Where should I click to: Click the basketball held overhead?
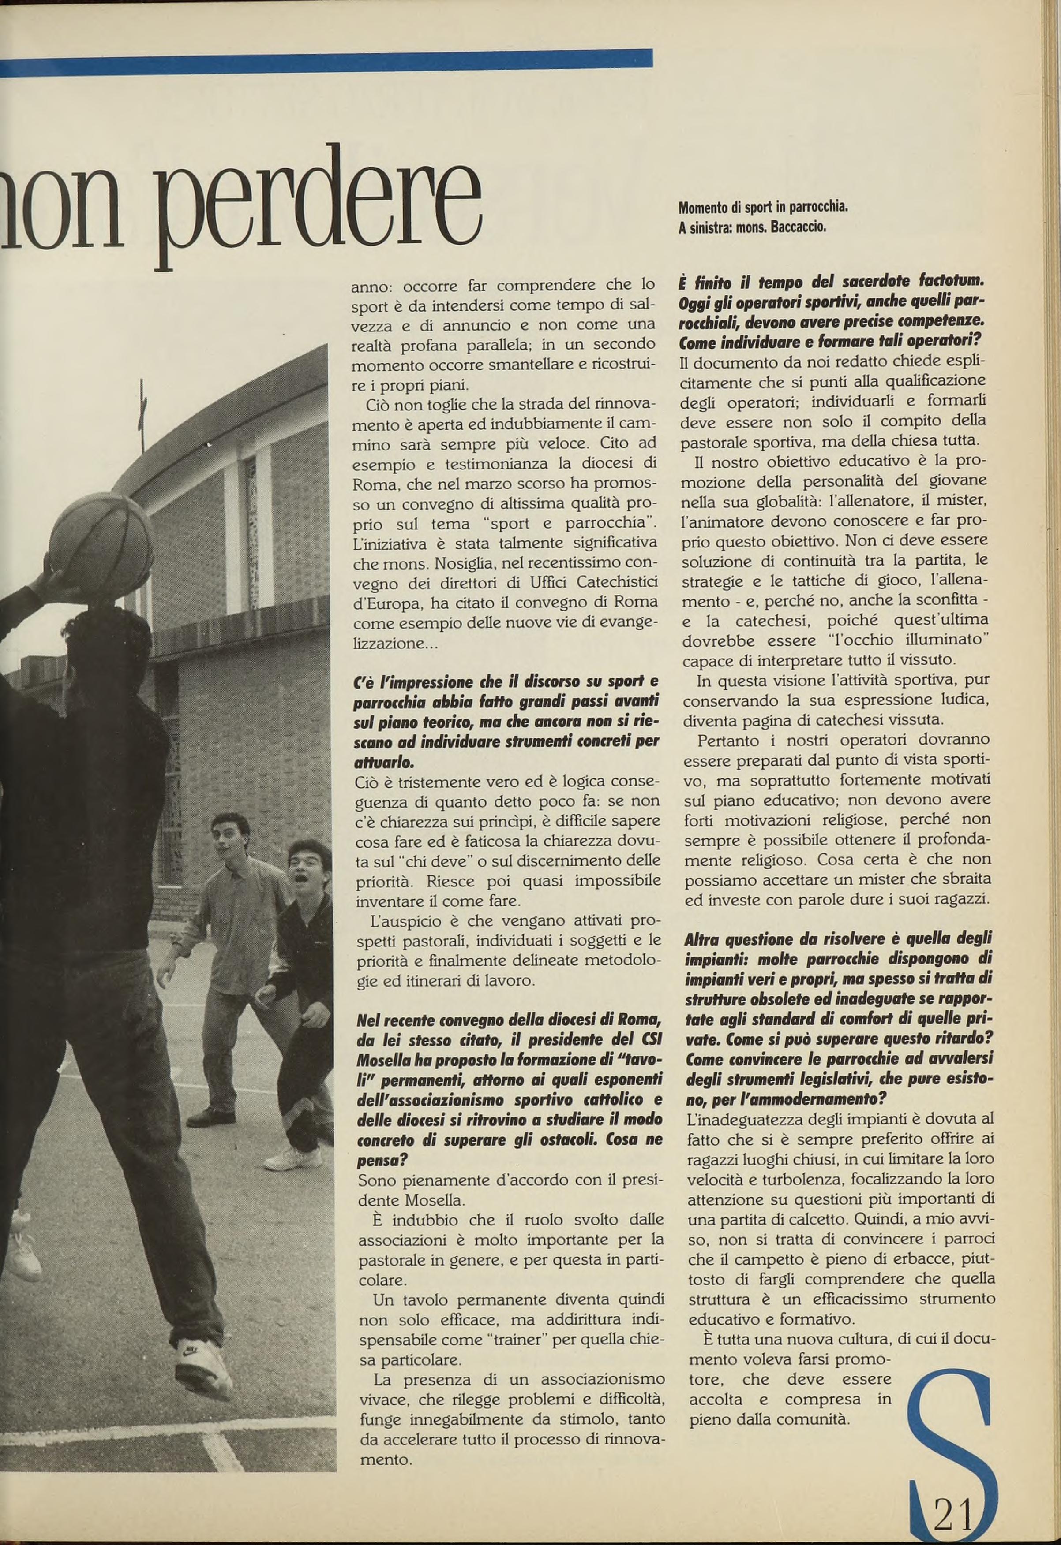click(x=101, y=539)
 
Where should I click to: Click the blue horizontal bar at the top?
click(x=326, y=59)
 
